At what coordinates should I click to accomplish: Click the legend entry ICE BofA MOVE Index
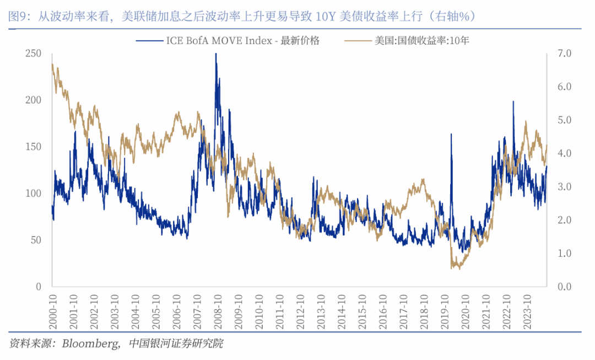[x=227, y=40]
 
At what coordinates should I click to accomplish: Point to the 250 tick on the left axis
[x=34, y=53]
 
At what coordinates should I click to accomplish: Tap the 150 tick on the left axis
[x=34, y=147]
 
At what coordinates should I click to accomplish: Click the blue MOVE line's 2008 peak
[x=215, y=54]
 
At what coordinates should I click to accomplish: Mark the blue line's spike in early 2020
[x=451, y=134]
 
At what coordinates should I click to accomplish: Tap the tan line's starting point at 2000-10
[x=52, y=65]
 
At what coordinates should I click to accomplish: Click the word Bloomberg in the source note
[x=88, y=343]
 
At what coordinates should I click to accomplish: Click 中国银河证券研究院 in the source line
[x=176, y=343]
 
